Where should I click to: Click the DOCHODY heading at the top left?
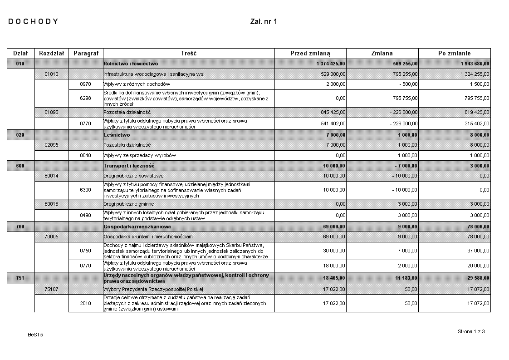[x=33, y=21]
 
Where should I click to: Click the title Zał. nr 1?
[x=263, y=21]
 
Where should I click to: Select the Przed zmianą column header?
[x=310, y=53]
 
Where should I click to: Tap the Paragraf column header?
[x=86, y=53]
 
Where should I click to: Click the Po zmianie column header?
[x=454, y=53]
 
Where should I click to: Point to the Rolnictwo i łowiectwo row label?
[x=131, y=64]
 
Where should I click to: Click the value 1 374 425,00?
[x=331, y=64]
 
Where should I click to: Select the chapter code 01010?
[x=51, y=74]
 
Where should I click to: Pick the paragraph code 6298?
[x=86, y=98]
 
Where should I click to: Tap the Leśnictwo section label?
[x=117, y=135]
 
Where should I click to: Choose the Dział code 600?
[x=20, y=166]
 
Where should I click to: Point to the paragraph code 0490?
[x=86, y=215]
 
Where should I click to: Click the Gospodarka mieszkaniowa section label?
[x=137, y=226]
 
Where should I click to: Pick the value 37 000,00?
[x=477, y=251]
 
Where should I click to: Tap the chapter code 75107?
[x=51, y=289]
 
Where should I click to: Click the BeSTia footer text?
[x=35, y=335]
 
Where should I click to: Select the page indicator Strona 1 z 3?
[x=471, y=331]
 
